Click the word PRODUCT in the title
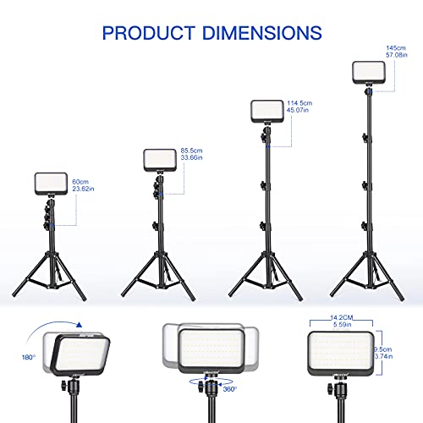(x=143, y=33)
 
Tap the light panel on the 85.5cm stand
(x=161, y=161)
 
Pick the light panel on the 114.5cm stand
(x=270, y=113)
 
